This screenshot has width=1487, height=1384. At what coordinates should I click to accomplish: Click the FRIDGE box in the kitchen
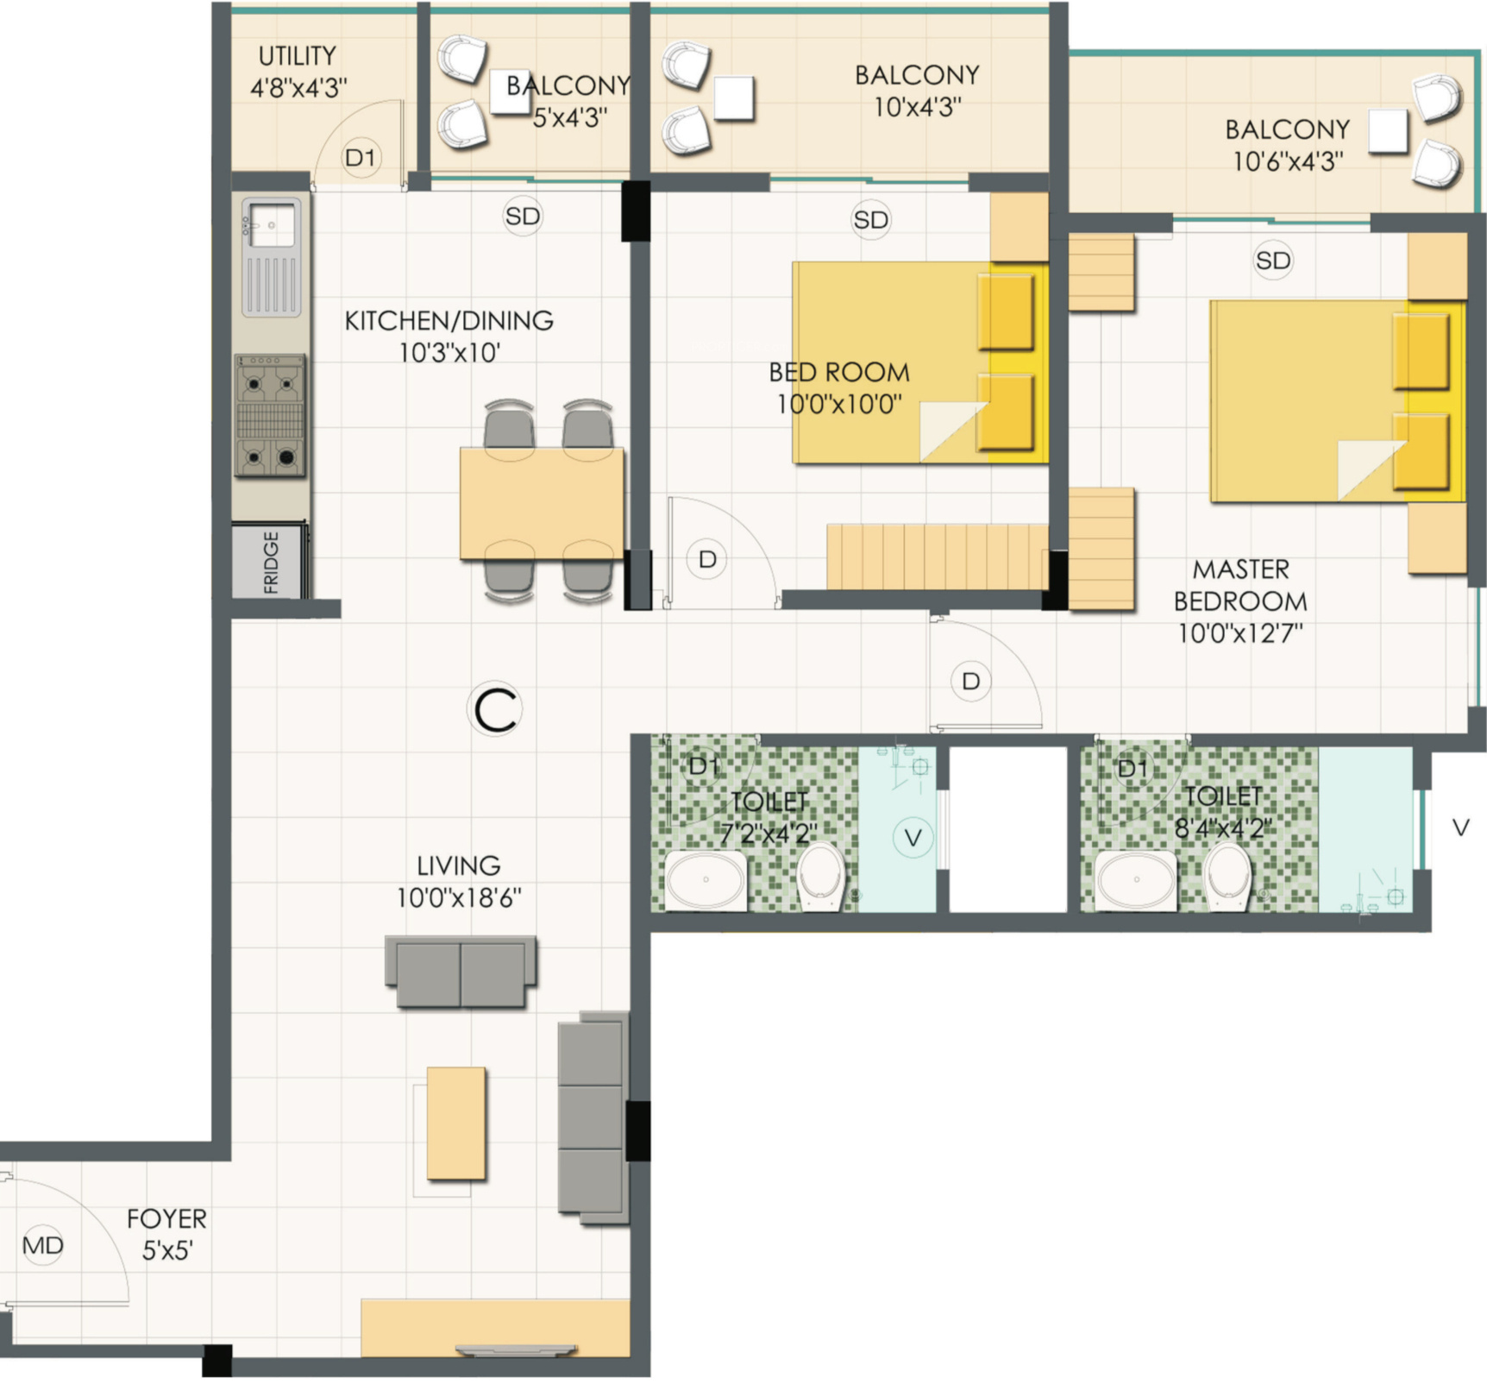(270, 561)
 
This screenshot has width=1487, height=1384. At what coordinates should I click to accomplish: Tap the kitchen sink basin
(272, 224)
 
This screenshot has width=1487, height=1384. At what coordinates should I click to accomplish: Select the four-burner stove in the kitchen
(271, 416)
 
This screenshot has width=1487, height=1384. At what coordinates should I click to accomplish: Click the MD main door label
(43, 1245)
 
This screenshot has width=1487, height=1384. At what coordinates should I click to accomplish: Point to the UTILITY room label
(298, 56)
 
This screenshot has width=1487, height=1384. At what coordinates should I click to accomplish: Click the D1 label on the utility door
(361, 158)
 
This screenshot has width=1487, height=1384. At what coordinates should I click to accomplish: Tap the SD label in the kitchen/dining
(523, 216)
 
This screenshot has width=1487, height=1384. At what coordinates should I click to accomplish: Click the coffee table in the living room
(456, 1123)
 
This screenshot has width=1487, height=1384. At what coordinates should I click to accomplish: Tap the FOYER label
(166, 1219)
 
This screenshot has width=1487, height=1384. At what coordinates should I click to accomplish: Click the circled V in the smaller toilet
(913, 837)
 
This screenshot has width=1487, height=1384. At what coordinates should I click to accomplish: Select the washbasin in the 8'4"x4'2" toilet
(1137, 880)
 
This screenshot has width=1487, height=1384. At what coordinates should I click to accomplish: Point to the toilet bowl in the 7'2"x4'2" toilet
(821, 876)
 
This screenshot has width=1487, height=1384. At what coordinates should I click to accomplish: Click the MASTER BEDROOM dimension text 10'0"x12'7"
(1240, 633)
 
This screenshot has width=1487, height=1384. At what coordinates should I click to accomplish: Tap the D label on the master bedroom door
(970, 682)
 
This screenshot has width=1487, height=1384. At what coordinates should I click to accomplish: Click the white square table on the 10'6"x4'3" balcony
(1388, 132)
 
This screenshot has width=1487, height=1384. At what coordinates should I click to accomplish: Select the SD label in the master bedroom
(1273, 261)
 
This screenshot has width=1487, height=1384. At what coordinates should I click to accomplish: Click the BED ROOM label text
(839, 373)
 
